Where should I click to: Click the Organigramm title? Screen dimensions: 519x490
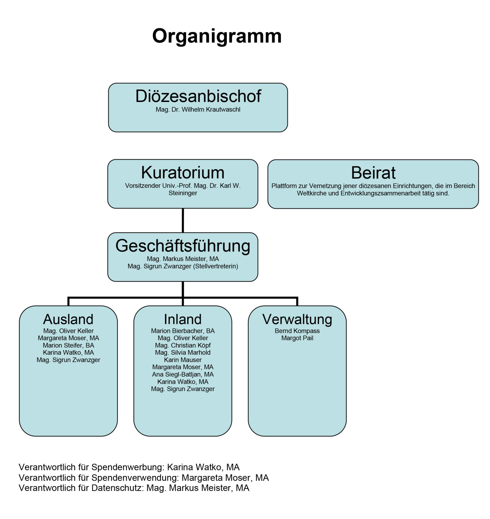click(x=217, y=36)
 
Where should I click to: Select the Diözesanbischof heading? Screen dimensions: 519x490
click(x=198, y=96)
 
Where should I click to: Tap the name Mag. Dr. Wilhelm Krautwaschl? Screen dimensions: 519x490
click(x=198, y=110)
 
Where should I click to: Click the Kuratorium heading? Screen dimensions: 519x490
click(x=183, y=173)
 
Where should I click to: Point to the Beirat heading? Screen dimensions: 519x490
click(x=373, y=173)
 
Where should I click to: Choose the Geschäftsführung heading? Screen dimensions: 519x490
click(x=183, y=246)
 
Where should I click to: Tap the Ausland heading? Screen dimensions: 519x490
click(x=68, y=319)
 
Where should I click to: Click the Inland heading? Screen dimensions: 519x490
click(x=183, y=319)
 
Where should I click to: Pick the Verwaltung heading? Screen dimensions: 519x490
click(x=297, y=319)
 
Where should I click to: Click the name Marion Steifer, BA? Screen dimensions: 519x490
click(x=68, y=345)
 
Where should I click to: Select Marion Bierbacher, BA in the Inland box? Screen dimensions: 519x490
click(x=183, y=331)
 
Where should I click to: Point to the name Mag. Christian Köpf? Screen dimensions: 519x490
click(x=183, y=345)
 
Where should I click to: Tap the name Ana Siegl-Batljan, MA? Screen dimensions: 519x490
click(x=183, y=374)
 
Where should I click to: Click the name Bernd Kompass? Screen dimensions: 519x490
click(x=297, y=331)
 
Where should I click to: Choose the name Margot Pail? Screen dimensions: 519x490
click(x=297, y=338)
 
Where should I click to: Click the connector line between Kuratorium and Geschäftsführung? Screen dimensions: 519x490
click(x=183, y=220)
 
